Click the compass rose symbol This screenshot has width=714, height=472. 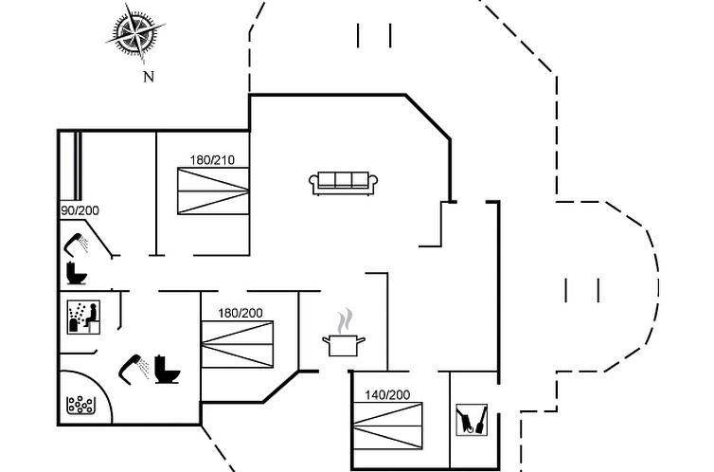[x=134, y=35]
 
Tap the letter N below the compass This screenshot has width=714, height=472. [x=148, y=78]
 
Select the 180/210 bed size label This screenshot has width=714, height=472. [x=212, y=159]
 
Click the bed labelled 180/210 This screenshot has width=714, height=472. [x=213, y=191]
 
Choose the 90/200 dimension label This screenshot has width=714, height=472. [x=79, y=209]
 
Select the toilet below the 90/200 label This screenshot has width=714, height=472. [x=76, y=274]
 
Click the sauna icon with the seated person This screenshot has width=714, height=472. [x=83, y=317]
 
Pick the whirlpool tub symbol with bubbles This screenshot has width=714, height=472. [x=81, y=406]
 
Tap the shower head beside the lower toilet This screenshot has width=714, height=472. [x=134, y=367]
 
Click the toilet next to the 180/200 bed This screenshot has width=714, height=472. [x=167, y=368]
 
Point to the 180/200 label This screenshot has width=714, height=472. [x=241, y=313]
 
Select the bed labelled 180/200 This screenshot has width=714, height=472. [x=238, y=345]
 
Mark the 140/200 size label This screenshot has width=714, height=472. [x=387, y=394]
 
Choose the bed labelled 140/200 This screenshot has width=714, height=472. [x=388, y=427]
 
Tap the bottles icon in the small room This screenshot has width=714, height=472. [x=473, y=419]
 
